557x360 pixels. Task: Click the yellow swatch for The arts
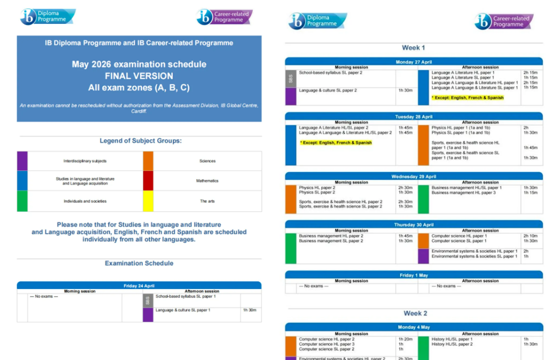click(x=148, y=201)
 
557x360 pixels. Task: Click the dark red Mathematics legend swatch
click(x=148, y=181)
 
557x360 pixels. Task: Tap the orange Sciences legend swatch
click(x=148, y=161)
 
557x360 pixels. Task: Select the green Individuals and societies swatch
click(x=22, y=201)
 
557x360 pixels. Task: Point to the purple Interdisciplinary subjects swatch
click(x=22, y=161)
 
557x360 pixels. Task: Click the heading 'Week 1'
click(x=414, y=48)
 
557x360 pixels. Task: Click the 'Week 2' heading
click(x=415, y=313)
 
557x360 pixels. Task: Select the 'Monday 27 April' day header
click(x=414, y=62)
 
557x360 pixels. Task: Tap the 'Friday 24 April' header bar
click(x=139, y=286)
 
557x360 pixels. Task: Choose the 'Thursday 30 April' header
click(x=414, y=225)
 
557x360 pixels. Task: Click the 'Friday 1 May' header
click(x=414, y=275)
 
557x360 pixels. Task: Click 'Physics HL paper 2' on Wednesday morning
click(x=317, y=188)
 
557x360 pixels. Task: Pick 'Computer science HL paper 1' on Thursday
click(x=458, y=236)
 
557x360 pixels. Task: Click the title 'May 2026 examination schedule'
click(x=139, y=64)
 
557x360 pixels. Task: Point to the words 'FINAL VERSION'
click(x=139, y=76)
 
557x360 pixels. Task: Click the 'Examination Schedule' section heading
click(x=139, y=263)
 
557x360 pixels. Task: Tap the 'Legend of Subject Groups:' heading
click(x=140, y=141)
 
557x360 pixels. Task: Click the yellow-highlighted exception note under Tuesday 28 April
click(x=336, y=143)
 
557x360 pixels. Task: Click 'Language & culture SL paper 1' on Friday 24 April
click(x=183, y=310)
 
